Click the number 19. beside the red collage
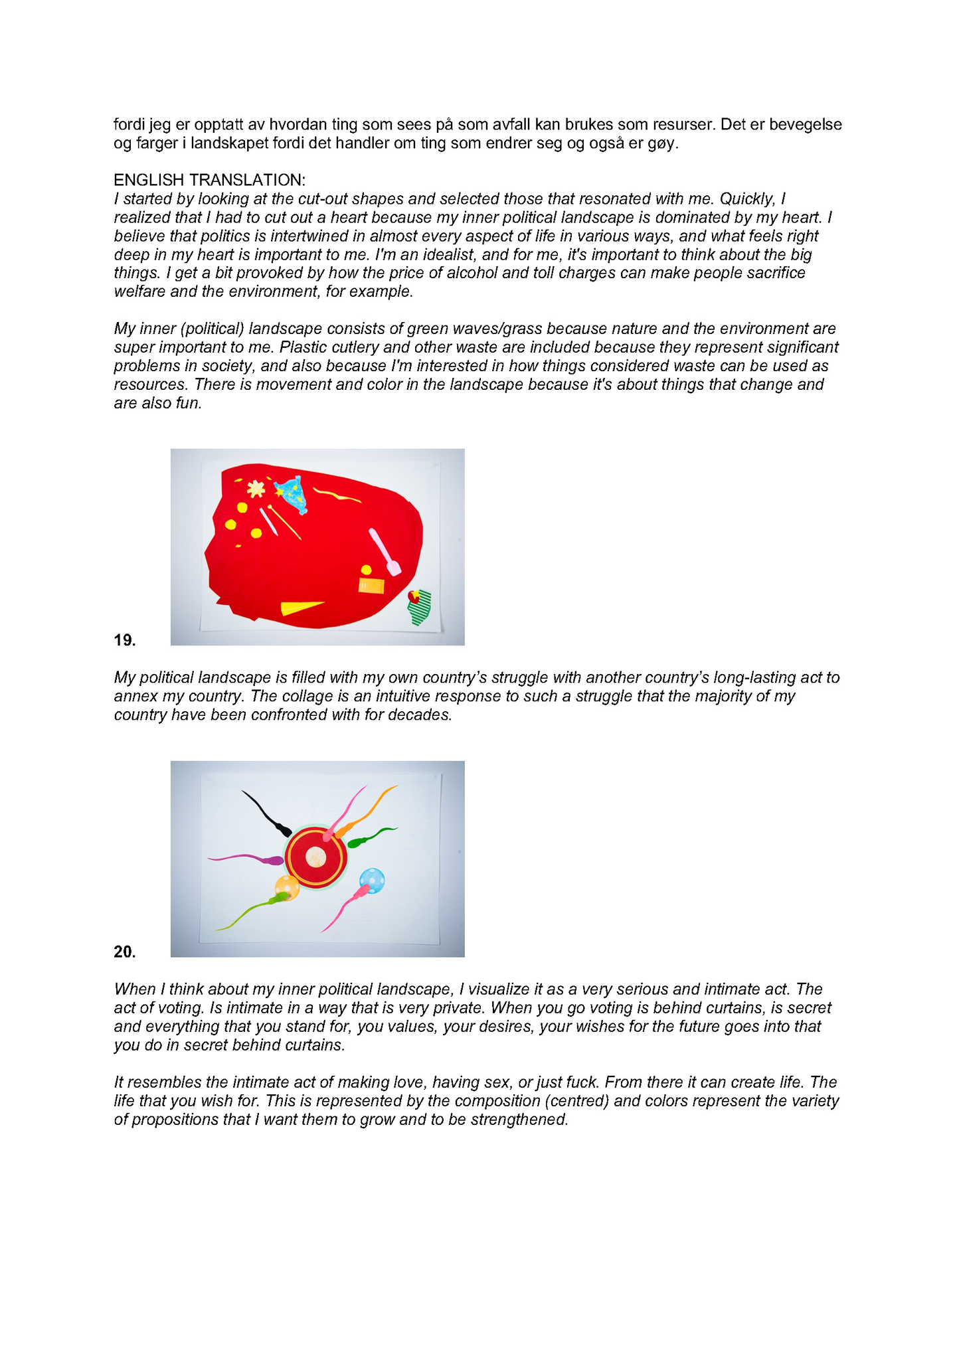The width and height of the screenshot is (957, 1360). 124,640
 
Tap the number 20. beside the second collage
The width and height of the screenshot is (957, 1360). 124,952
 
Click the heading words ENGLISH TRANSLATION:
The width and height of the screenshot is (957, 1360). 209,180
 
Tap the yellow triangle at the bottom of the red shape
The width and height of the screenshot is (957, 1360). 300,607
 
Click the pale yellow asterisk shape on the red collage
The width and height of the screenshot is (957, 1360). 256,489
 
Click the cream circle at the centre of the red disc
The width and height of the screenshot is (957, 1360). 316,857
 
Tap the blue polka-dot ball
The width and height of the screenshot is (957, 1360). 372,881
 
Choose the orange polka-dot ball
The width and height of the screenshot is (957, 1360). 287,887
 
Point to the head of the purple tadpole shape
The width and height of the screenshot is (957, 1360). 273,861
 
